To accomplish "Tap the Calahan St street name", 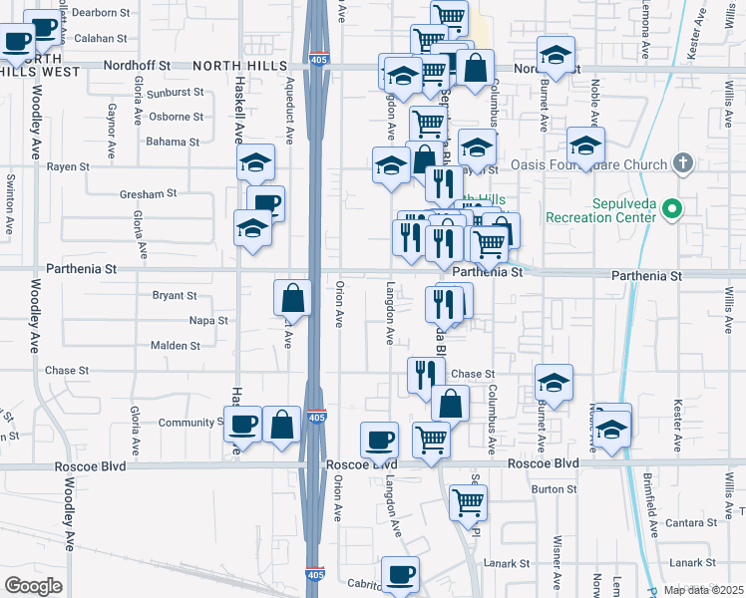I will click(x=102, y=38).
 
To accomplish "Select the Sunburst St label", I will click(x=175, y=92).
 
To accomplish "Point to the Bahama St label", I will click(x=174, y=142).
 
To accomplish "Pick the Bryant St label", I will click(x=175, y=295).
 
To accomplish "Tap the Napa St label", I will click(x=208, y=321).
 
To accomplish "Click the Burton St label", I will click(x=548, y=488).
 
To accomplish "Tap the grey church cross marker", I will click(x=683, y=161).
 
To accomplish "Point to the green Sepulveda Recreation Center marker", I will click(x=672, y=209).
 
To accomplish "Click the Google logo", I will click(x=33, y=586).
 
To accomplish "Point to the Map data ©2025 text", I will click(x=704, y=590).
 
